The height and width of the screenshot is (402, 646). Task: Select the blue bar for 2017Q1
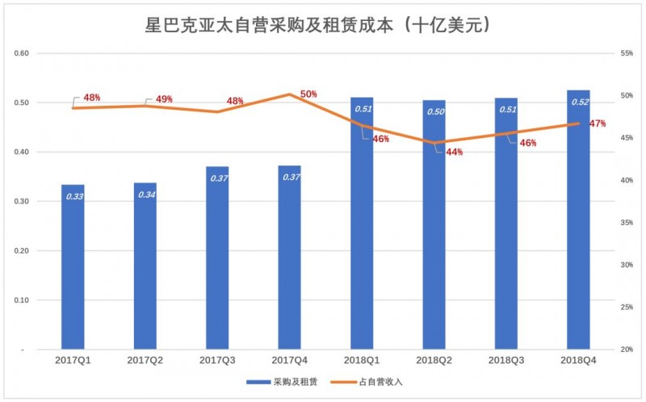point(73,266)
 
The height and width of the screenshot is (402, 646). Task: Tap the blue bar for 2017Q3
point(217,258)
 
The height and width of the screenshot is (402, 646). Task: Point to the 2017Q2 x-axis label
point(145,360)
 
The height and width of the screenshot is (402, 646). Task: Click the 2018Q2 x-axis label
point(434,360)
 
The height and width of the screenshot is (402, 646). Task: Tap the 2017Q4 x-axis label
point(290,360)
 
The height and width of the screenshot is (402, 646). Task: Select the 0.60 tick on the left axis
point(22,53)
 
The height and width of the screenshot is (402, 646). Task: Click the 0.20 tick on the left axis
point(22,251)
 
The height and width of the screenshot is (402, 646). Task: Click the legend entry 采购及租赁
point(285,381)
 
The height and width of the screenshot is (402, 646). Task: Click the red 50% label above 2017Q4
point(308,94)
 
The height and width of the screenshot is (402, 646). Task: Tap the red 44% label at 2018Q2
point(454,152)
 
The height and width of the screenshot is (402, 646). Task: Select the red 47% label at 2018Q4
point(598,124)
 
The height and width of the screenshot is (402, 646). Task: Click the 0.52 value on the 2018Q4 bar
point(579,103)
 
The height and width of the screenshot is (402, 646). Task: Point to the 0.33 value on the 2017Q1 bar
point(73,196)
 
